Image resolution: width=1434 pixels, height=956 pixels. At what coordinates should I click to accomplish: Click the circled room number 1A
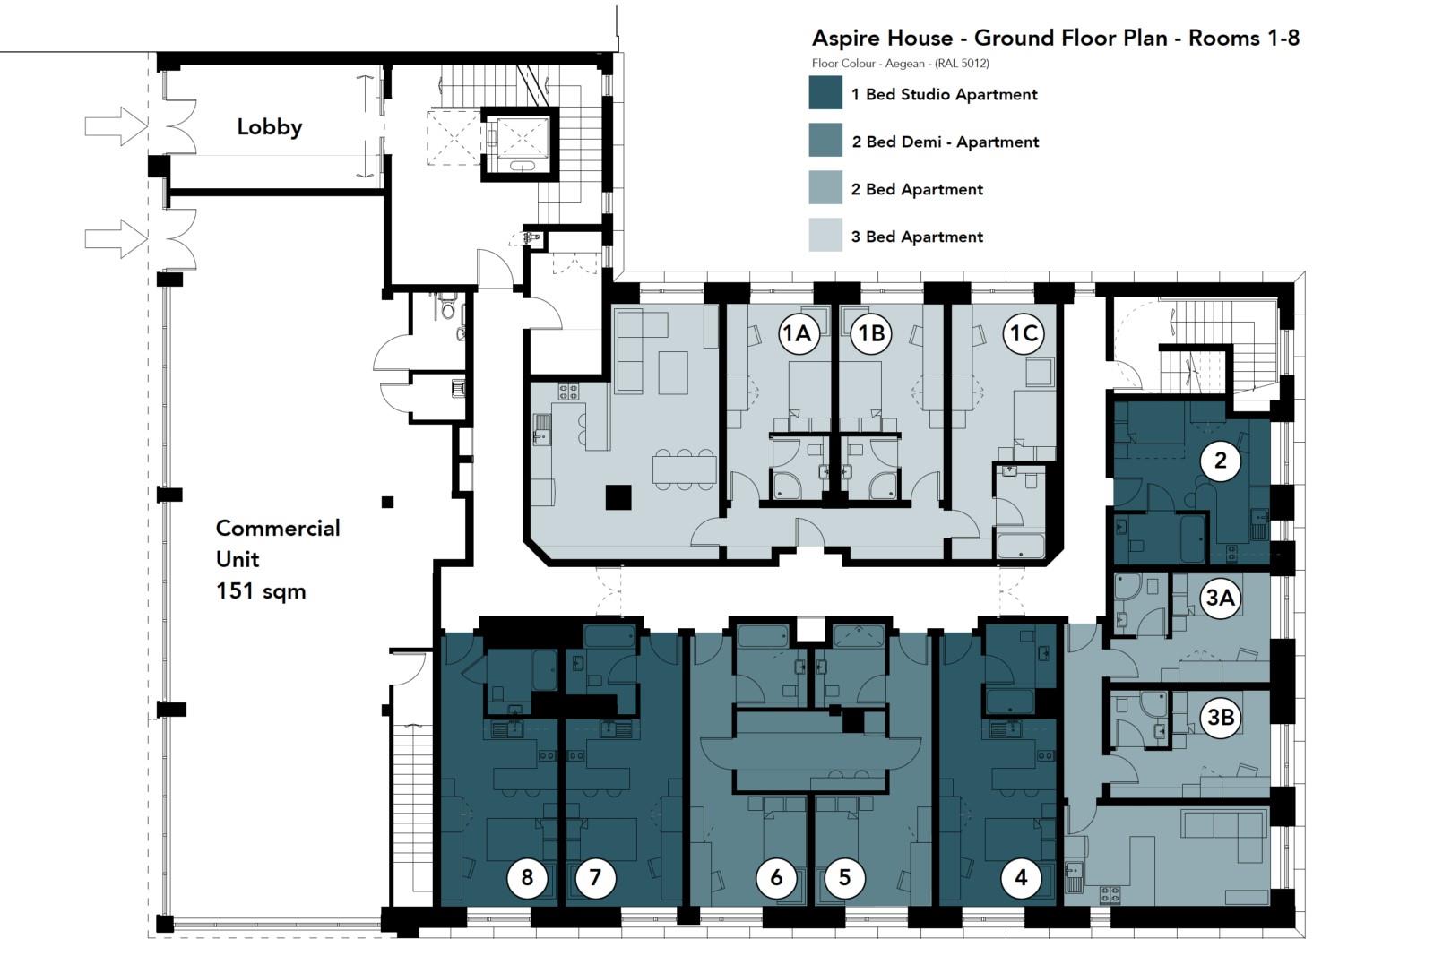[797, 333]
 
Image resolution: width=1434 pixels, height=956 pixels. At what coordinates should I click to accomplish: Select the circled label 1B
[871, 333]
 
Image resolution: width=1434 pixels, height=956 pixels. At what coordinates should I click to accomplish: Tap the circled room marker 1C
[1024, 333]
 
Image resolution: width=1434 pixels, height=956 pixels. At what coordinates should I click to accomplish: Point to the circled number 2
[1220, 461]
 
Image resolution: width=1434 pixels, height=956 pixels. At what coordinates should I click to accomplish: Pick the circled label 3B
[1221, 717]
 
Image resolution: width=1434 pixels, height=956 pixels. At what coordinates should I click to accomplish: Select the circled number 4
[1021, 878]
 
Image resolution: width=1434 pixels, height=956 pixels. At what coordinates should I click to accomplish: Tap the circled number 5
[844, 878]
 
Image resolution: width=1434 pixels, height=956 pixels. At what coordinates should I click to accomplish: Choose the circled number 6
[776, 878]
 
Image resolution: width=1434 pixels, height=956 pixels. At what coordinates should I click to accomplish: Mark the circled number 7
[595, 878]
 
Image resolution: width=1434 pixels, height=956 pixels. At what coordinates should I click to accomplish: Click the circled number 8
[527, 878]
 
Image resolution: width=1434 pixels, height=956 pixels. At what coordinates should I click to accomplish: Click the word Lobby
[269, 127]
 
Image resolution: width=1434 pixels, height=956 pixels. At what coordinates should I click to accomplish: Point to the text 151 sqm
[261, 591]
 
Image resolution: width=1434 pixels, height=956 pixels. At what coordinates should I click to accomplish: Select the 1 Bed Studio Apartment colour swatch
[825, 93]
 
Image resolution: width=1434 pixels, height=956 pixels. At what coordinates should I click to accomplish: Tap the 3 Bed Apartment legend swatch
[825, 236]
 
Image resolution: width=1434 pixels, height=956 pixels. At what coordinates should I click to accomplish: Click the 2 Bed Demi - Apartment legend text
[946, 142]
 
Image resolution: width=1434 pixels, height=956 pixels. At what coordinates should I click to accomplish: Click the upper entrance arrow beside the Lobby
[115, 126]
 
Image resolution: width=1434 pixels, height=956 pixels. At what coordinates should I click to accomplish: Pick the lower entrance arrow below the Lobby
[115, 239]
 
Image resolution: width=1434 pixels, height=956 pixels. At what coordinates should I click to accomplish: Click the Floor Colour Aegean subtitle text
[900, 64]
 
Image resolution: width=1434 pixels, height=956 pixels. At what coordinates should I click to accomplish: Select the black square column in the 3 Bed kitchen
[618, 496]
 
